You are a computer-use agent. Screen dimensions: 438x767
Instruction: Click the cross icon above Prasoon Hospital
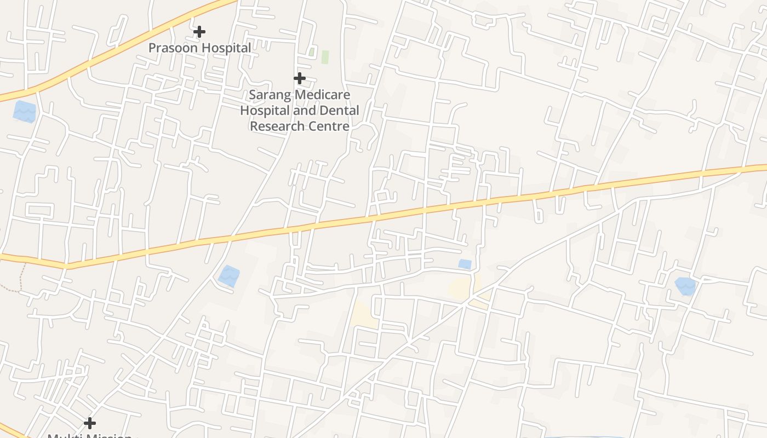pyautogui.click(x=199, y=32)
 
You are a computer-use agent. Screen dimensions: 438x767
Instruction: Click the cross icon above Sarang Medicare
pyautogui.click(x=299, y=78)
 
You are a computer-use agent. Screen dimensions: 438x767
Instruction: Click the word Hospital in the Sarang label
pyautogui.click(x=262, y=111)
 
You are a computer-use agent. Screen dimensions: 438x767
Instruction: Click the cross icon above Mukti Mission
pyautogui.click(x=90, y=423)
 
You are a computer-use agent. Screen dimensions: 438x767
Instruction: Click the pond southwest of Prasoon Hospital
pyautogui.click(x=25, y=111)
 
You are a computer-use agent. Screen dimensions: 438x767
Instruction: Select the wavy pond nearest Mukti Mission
pyautogui.click(x=229, y=275)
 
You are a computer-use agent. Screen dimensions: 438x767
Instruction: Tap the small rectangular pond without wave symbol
pyautogui.click(x=465, y=264)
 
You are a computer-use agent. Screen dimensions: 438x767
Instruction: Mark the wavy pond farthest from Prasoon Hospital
pyautogui.click(x=685, y=286)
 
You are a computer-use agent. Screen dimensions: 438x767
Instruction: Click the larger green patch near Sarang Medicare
pyautogui.click(x=325, y=57)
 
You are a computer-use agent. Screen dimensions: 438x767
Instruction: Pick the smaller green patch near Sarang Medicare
pyautogui.click(x=312, y=52)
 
